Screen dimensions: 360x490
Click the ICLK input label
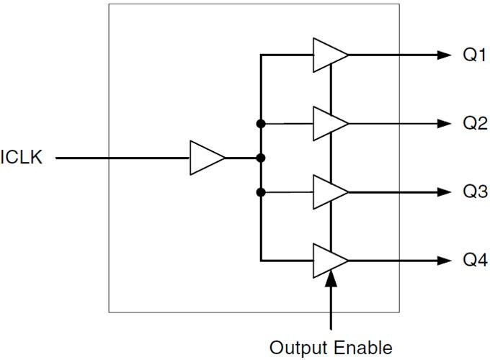click(x=22, y=158)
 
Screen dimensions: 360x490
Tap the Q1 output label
click(x=475, y=55)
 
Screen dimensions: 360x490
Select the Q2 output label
click(x=475, y=123)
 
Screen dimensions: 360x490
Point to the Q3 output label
click(x=475, y=192)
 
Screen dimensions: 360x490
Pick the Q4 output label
click(x=475, y=261)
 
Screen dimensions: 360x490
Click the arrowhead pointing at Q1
click(x=443, y=55)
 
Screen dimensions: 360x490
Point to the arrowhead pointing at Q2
click(x=443, y=124)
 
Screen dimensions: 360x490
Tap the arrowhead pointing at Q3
click(x=443, y=192)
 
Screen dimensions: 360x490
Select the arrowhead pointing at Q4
click(x=443, y=261)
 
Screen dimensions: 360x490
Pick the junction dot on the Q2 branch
click(x=261, y=124)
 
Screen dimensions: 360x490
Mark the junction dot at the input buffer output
click(x=261, y=158)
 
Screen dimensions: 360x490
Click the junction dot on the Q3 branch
click(x=261, y=192)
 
